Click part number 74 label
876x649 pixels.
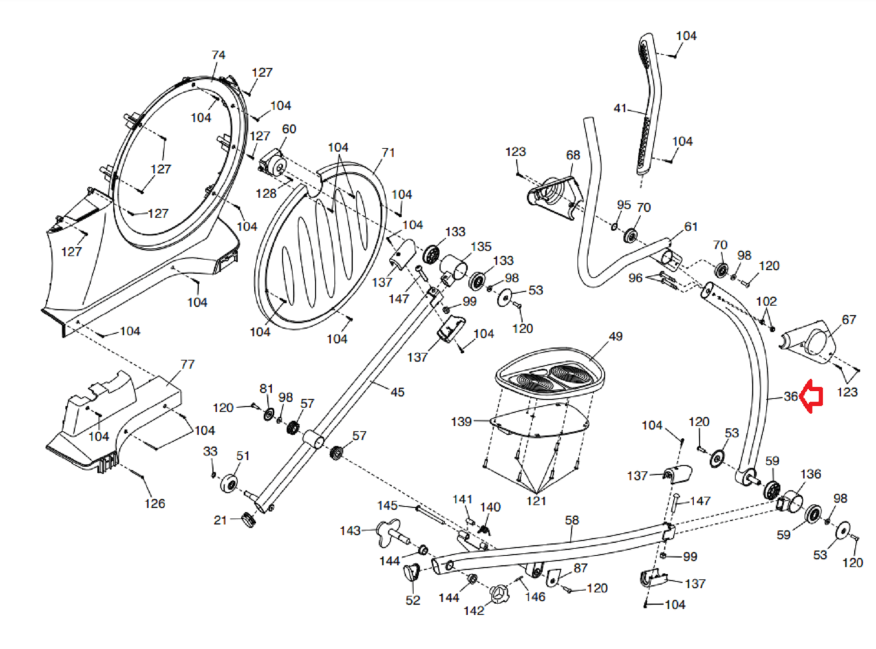218,55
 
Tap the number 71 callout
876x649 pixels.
388,153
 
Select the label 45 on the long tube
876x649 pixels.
398,392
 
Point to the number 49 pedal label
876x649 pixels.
615,336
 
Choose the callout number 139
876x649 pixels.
461,422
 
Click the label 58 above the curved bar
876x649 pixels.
572,520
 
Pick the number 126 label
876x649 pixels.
155,504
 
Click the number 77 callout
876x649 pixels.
187,365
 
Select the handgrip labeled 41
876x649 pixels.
647,106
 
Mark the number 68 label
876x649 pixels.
573,155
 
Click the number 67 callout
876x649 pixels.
848,320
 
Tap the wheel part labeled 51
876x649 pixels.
229,483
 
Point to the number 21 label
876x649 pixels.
220,520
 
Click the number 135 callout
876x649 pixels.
481,247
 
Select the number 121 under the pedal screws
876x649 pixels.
536,501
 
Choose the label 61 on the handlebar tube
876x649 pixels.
691,227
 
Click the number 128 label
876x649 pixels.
266,194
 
